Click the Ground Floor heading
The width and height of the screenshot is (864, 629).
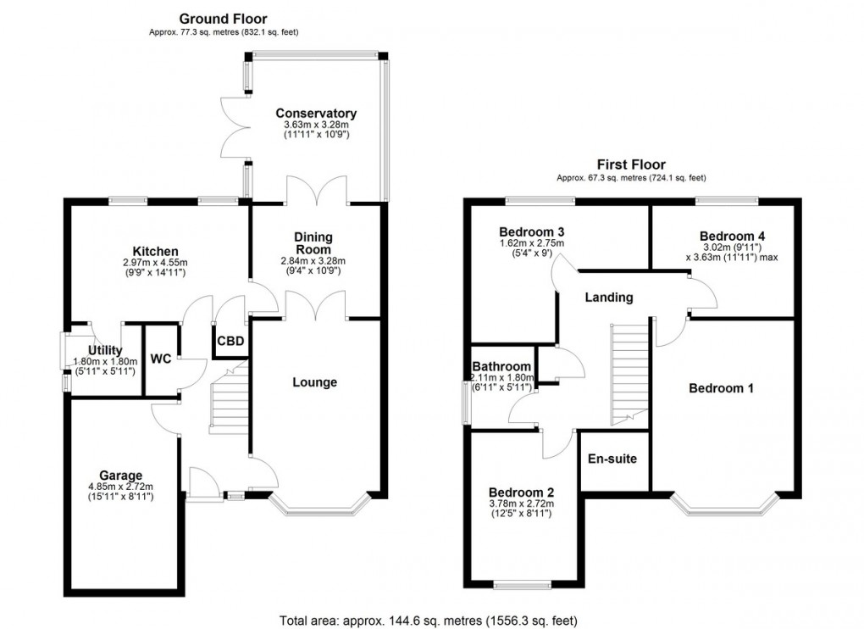[223, 18]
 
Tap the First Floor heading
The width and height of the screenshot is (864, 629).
[631, 164]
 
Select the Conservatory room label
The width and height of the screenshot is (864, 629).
[316, 114]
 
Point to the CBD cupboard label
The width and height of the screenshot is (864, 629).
[231, 342]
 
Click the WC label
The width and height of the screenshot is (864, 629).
[161, 359]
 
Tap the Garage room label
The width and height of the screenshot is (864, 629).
[120, 476]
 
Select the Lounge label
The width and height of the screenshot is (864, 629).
[314, 382]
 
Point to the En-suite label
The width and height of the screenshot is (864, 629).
[612, 459]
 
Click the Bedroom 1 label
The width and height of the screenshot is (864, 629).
[721, 388]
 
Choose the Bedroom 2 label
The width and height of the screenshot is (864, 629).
[522, 493]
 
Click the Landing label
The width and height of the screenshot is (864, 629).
[609, 298]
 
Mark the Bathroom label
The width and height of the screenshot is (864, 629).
[501, 367]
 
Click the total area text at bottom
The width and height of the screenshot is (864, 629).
[431, 620]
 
